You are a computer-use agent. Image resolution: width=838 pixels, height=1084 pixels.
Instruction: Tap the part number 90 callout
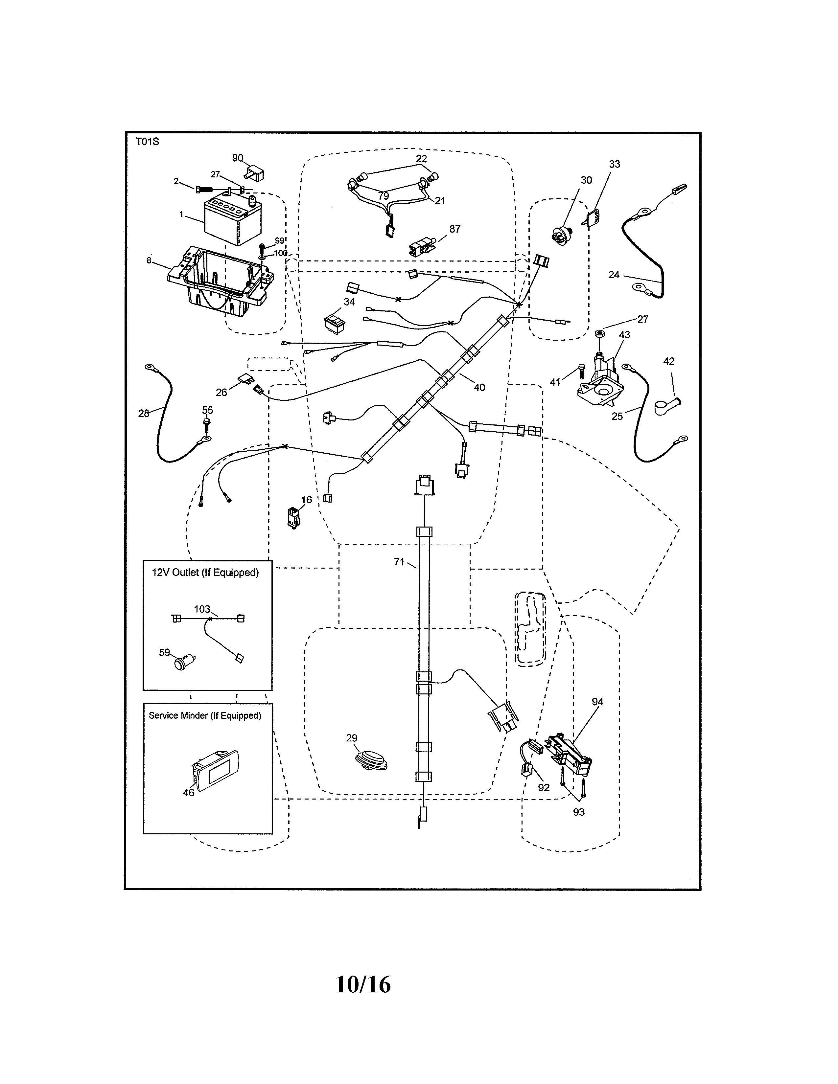(x=238, y=158)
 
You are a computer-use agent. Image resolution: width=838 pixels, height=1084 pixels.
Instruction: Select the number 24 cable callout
(x=614, y=275)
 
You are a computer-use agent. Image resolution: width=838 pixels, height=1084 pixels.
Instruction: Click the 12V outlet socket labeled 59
(x=182, y=663)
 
